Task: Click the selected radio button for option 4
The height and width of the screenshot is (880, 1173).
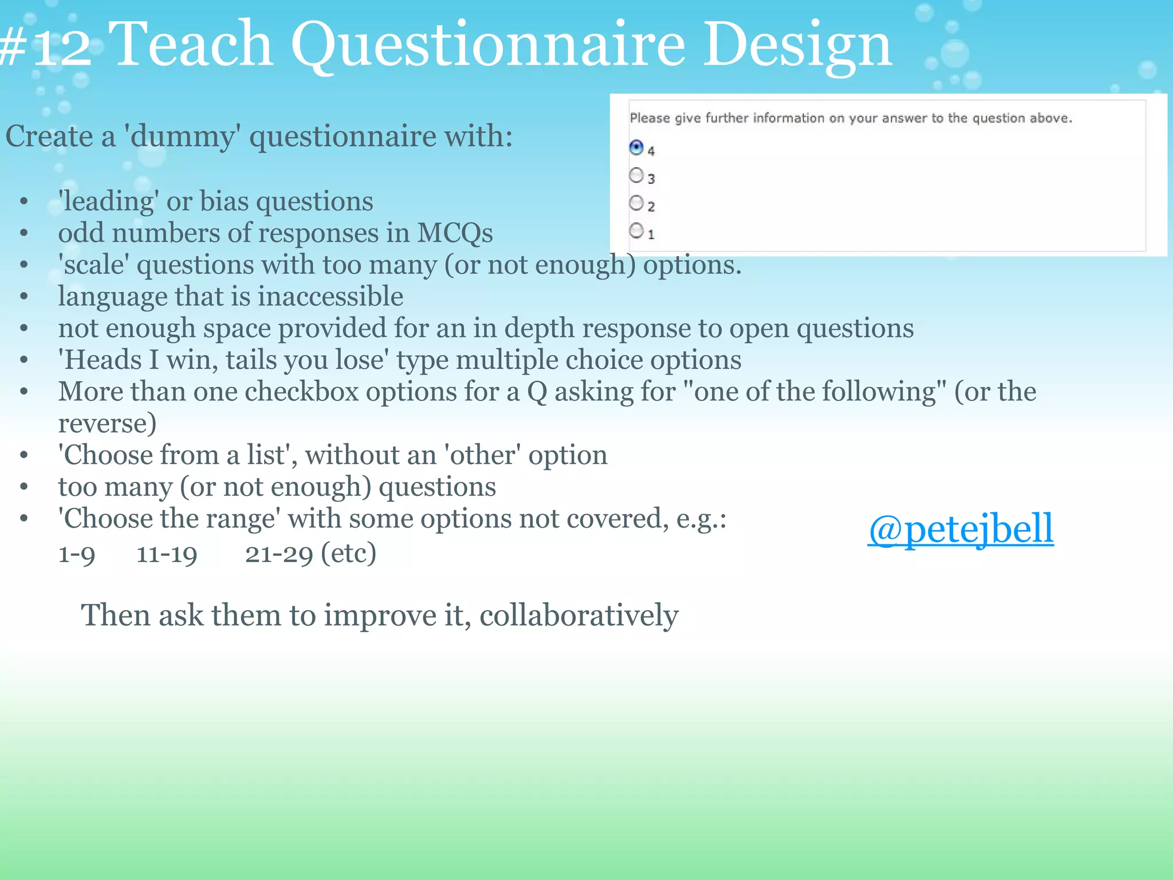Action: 636,148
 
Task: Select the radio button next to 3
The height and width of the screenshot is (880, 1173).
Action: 636,175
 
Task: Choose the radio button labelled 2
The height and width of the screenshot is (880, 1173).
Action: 636,203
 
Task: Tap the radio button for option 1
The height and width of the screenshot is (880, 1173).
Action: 636,231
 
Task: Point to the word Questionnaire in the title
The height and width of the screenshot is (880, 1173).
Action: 487,45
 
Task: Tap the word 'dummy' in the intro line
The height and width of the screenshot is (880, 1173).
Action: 183,137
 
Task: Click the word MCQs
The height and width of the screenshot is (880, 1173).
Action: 455,233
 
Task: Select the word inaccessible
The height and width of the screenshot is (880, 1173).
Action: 330,297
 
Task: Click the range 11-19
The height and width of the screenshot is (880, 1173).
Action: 167,554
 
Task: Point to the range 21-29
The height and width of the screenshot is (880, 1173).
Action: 279,554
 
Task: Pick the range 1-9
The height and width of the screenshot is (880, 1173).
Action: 77,554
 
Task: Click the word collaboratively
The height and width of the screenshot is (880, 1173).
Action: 578,615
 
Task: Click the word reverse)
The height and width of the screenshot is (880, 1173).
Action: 107,424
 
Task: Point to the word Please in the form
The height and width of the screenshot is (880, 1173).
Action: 650,118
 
